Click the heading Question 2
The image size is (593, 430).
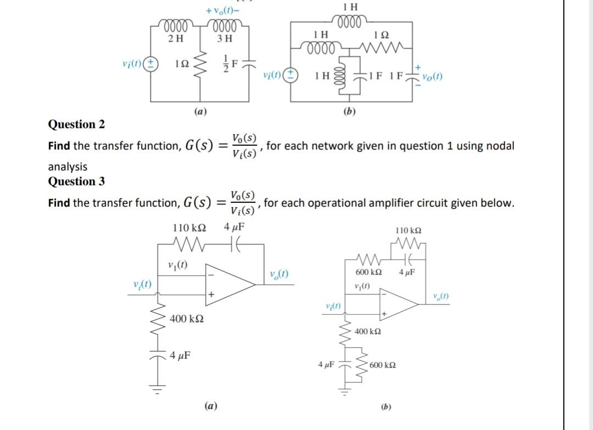click(x=76, y=124)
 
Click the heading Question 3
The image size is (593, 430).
click(x=76, y=181)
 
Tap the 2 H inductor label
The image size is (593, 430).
click(x=176, y=38)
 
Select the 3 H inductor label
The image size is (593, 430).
click(x=224, y=38)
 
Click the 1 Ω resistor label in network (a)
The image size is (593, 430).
click(x=182, y=64)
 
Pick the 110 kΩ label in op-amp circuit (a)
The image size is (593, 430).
click(x=189, y=227)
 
